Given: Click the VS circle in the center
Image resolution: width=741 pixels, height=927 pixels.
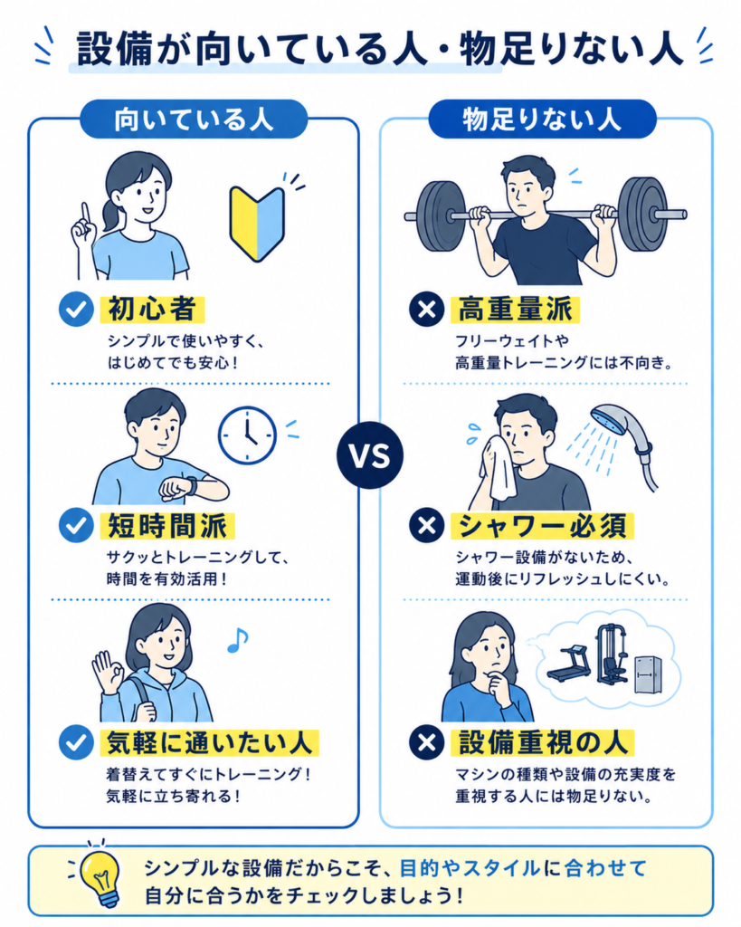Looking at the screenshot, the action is [370, 455].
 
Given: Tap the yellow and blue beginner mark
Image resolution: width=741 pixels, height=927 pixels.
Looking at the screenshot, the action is [257, 224].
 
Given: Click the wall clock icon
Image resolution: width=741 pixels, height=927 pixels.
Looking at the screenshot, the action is [247, 435].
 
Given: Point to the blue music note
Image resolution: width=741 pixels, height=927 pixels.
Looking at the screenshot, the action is [238, 640].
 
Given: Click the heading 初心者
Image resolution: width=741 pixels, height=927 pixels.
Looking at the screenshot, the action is [153, 310].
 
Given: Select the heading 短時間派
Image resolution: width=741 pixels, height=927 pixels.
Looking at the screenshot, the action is [167, 526].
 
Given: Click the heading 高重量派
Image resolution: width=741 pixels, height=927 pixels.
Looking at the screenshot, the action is [516, 310].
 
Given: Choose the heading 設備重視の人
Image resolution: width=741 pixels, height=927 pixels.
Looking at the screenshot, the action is [543, 742].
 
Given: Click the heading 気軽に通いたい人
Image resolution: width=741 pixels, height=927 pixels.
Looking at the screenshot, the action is [210, 742].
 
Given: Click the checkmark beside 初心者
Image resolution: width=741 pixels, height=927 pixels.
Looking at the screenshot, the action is [76, 310].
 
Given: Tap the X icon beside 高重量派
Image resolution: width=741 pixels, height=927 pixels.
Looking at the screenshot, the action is [427, 310].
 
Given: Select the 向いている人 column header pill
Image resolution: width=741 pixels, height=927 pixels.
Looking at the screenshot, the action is [194, 119].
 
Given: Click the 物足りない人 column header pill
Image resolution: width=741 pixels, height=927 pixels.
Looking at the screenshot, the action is [543, 119].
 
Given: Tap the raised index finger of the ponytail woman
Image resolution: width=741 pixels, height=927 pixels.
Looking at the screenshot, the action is [86, 214].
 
